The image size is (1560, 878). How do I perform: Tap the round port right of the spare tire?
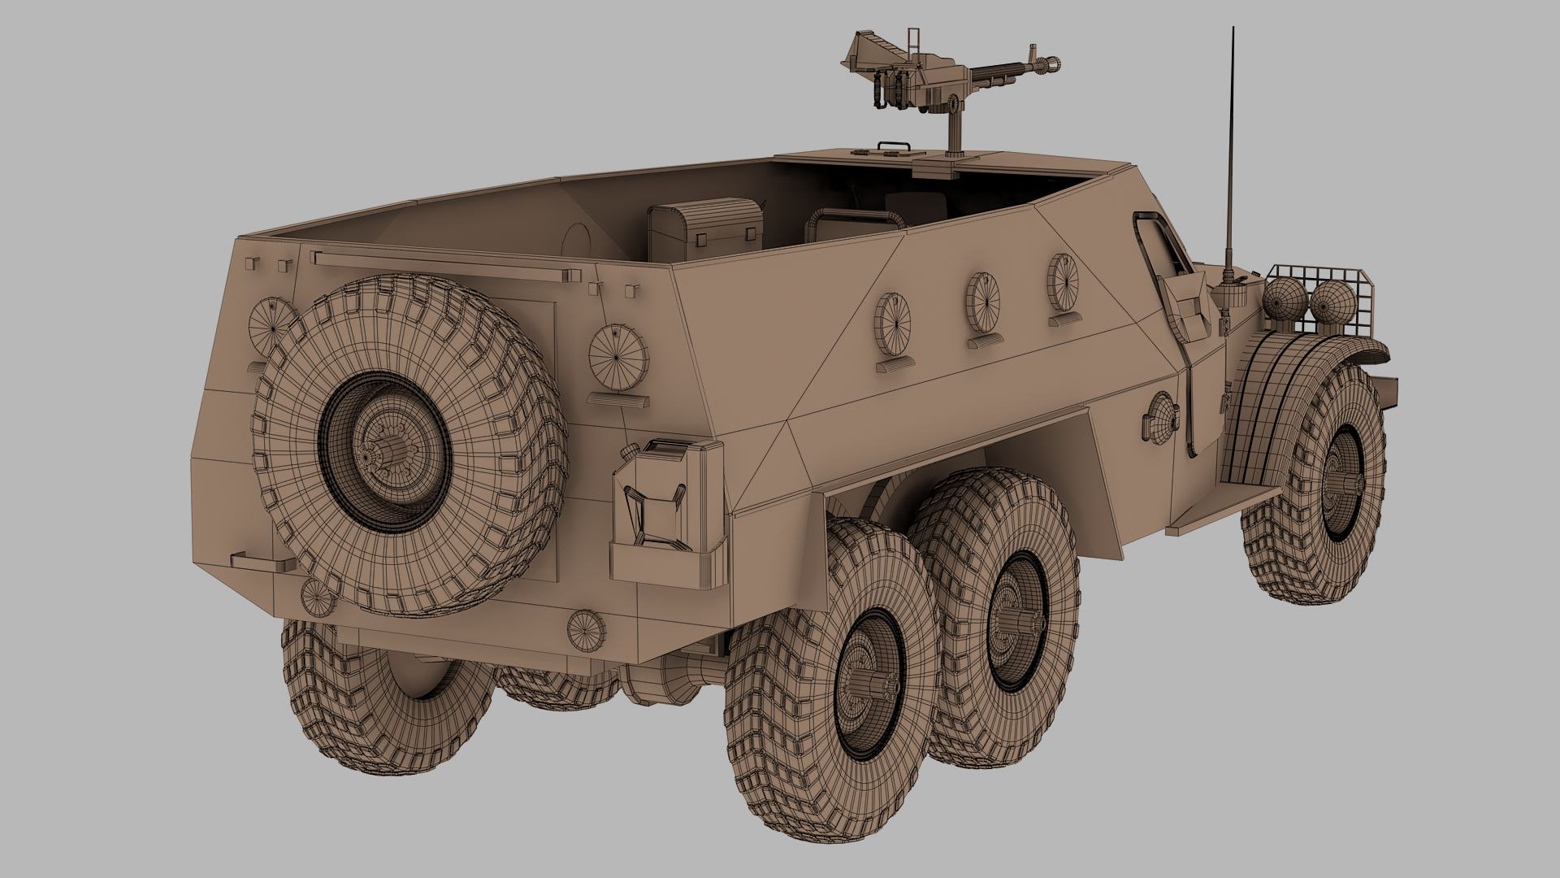619,356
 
